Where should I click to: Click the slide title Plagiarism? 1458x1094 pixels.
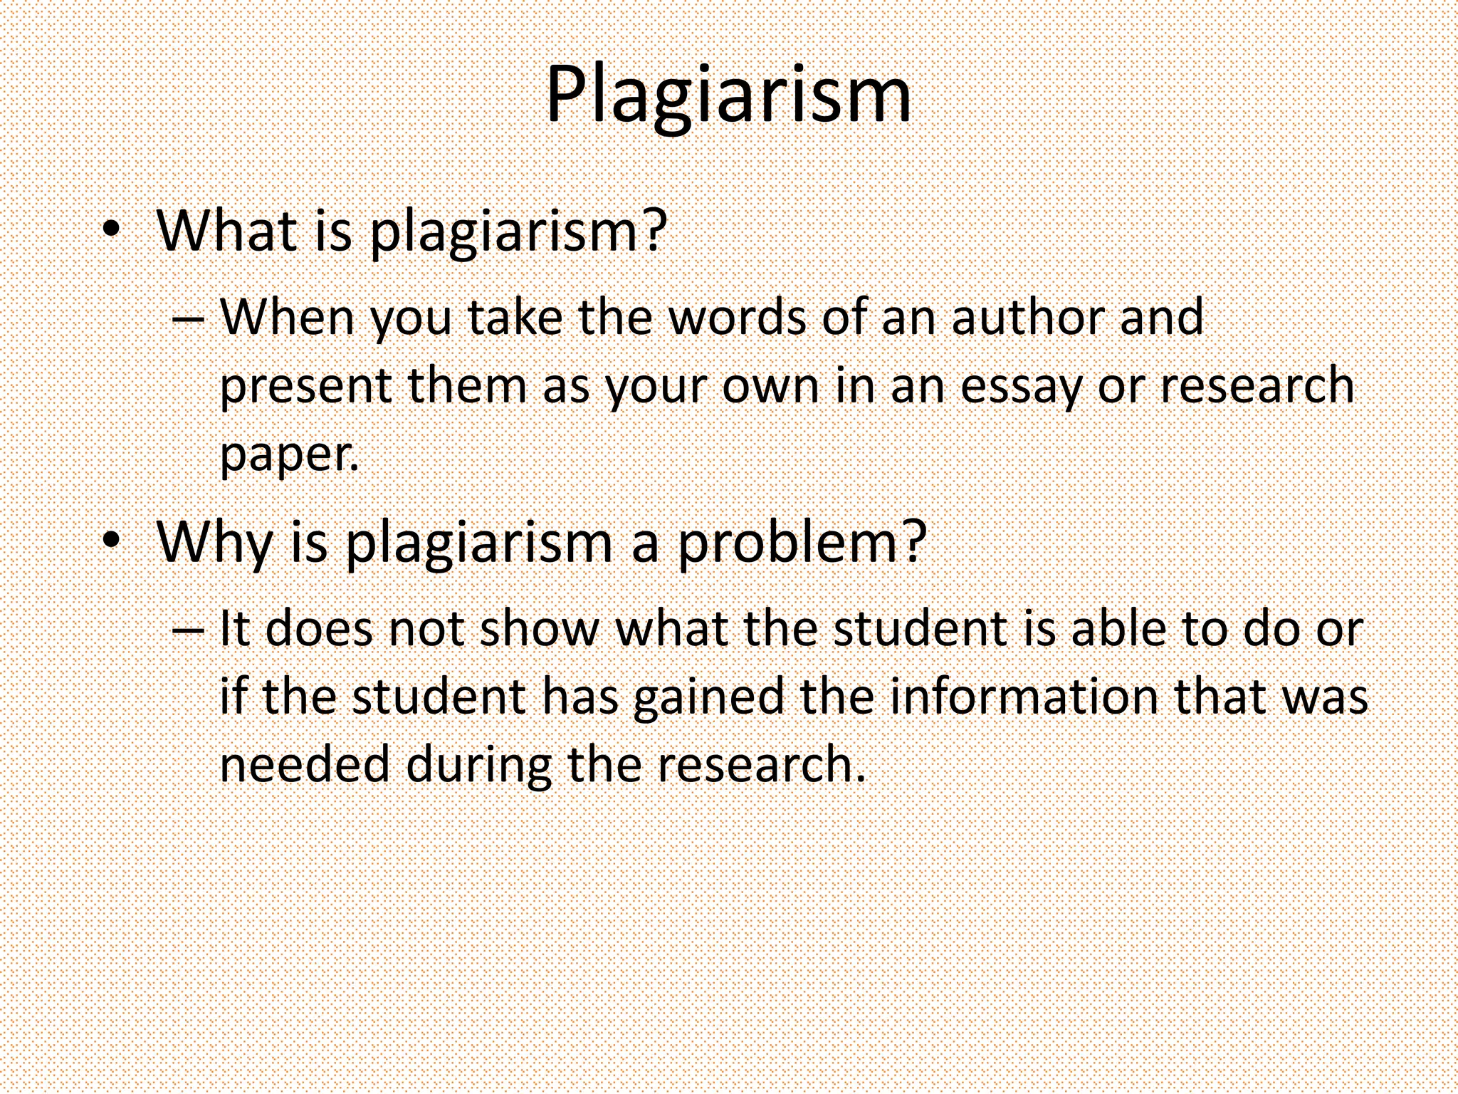[x=728, y=96]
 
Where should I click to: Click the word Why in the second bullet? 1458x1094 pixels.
[x=214, y=543]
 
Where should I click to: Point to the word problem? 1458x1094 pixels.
[x=802, y=543]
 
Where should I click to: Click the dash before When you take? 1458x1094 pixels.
[x=188, y=318]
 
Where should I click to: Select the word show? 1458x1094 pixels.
[x=540, y=629]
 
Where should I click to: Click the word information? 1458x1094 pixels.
[x=1024, y=697]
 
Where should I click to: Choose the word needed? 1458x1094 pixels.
[x=305, y=764]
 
